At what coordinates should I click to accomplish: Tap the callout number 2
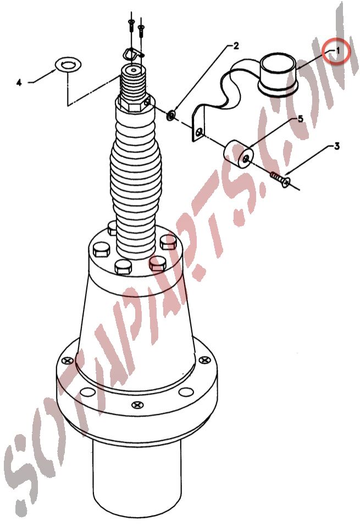tap(236, 46)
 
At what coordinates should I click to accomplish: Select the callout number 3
tap(336, 146)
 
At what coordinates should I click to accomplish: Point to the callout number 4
tap(19, 82)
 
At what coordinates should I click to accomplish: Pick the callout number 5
tap(300, 119)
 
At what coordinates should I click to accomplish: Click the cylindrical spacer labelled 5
tap(239, 154)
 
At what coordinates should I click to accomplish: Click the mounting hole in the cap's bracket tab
tap(201, 132)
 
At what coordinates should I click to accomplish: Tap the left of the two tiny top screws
tap(130, 25)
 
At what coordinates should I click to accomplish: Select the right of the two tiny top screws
tap(141, 31)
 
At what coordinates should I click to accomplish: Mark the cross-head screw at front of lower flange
tap(137, 404)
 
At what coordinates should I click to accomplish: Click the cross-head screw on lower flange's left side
tap(69, 360)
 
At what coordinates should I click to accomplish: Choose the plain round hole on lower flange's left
tap(88, 392)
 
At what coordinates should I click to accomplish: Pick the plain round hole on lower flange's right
tap(186, 392)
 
